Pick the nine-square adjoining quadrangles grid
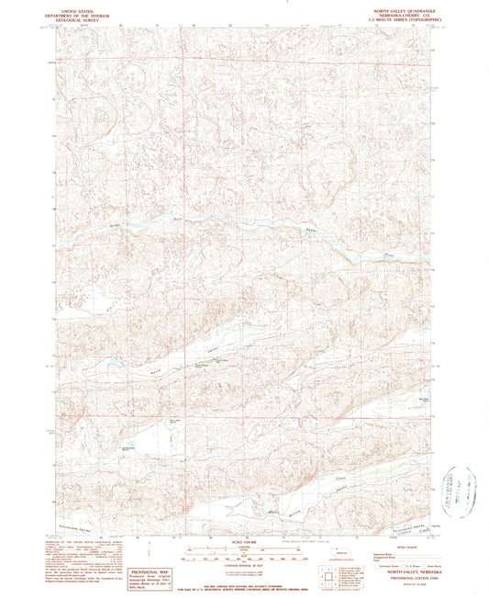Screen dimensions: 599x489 pyautogui.click(x=328, y=577)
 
